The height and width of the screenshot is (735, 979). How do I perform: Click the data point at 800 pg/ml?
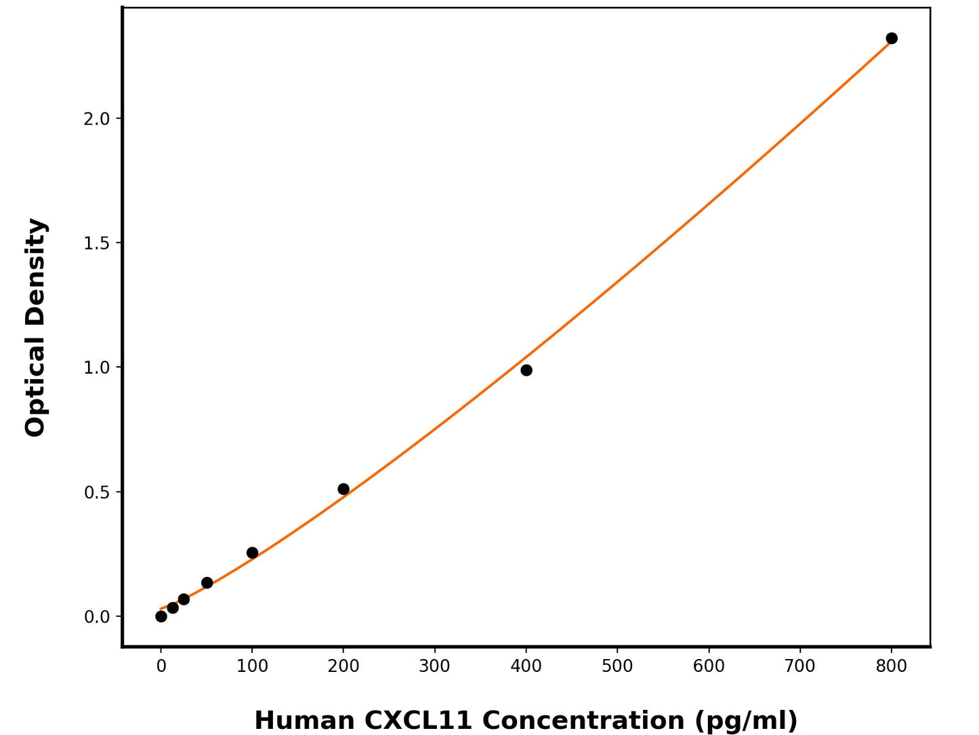click(x=891, y=39)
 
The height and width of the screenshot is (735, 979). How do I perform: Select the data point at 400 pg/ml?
click(x=526, y=370)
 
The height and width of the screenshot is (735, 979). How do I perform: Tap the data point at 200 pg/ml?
click(x=343, y=490)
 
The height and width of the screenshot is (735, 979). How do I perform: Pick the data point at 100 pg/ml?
click(x=252, y=553)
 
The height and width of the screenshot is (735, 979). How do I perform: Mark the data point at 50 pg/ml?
click(x=207, y=583)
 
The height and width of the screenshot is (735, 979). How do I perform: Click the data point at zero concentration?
click(x=161, y=616)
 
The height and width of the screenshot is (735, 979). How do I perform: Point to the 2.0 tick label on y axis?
click(x=96, y=119)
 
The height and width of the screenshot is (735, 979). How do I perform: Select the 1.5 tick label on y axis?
click(x=96, y=243)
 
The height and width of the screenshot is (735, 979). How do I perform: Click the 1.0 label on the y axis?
click(x=96, y=368)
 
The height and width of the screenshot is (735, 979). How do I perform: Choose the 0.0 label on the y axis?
click(x=96, y=617)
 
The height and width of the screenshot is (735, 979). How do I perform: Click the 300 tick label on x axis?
click(x=434, y=667)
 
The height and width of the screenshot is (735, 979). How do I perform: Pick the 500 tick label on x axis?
click(x=617, y=667)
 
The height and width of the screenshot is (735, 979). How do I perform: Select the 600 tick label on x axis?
click(x=709, y=667)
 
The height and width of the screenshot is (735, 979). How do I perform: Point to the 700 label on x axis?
click(x=799, y=667)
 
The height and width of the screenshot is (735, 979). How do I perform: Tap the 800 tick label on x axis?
click(x=891, y=667)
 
